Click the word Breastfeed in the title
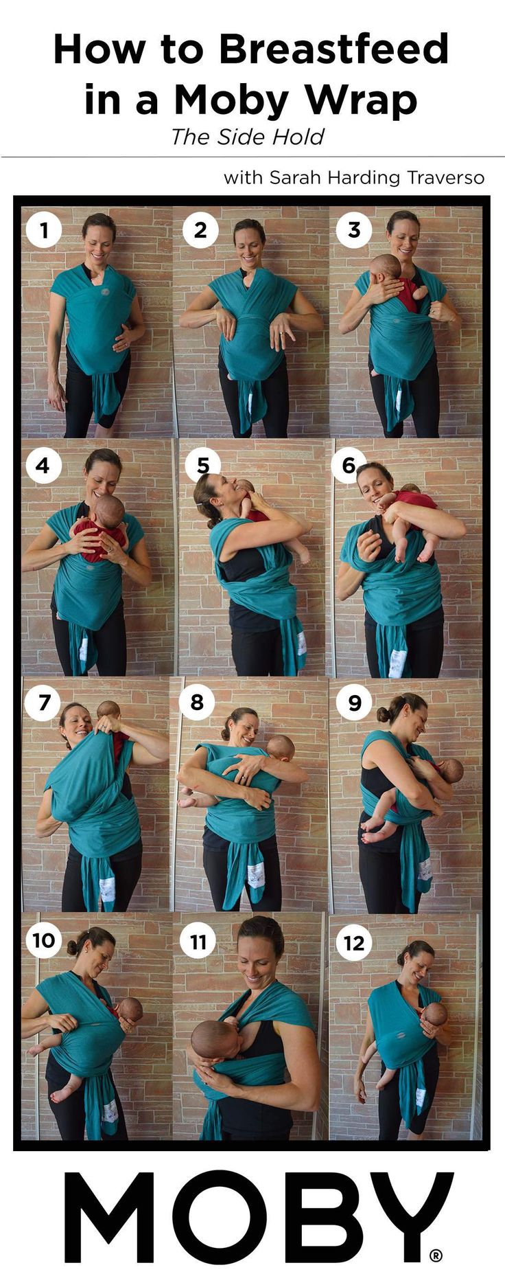point(333,49)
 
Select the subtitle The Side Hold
point(247,137)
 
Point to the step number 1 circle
point(44,229)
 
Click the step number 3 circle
point(354,229)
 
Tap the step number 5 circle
point(202,465)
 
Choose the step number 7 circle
point(44,702)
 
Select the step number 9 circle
point(354,702)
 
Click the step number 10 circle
point(44,940)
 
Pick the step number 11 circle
point(198,941)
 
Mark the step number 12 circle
point(354,942)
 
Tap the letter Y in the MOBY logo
point(408,1218)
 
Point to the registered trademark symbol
point(436,1255)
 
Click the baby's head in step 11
point(212,1039)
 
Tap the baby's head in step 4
point(108,512)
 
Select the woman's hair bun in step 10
point(73,946)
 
